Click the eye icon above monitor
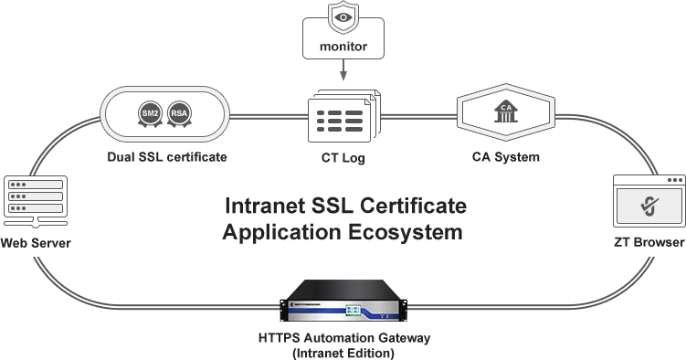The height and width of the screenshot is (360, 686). [343, 16]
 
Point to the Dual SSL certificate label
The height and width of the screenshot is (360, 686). [165, 157]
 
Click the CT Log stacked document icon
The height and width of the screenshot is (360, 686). [342, 119]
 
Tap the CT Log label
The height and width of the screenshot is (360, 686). [343, 158]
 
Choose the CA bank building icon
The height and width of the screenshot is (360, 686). [504, 111]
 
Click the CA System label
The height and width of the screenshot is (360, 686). [505, 157]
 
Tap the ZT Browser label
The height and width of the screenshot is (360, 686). [649, 243]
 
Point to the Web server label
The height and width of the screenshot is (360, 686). [36, 243]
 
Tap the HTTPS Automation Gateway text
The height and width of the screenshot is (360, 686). [343, 338]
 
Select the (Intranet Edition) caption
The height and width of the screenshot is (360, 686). [343, 352]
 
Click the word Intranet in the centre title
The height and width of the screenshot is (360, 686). [273, 205]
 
